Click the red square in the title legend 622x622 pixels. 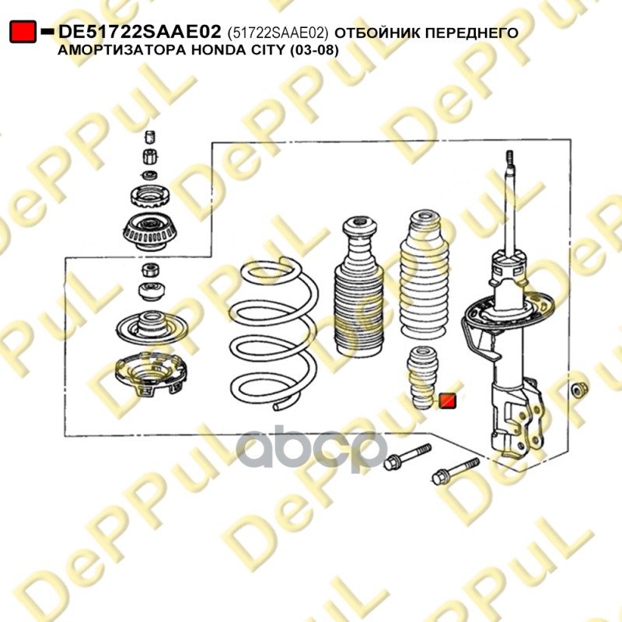[x=23, y=32]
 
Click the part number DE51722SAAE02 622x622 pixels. [x=139, y=32]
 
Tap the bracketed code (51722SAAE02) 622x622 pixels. [x=278, y=33]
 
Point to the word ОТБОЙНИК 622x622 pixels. [x=376, y=33]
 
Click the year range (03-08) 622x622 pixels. [x=314, y=51]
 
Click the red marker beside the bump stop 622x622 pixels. [x=448, y=401]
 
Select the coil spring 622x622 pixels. [x=274, y=334]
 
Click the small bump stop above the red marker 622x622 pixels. [x=422, y=378]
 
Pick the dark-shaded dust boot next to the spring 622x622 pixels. [x=358, y=286]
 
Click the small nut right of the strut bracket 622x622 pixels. [x=580, y=390]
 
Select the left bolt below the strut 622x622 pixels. [x=407, y=457]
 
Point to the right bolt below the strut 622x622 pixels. [x=455, y=471]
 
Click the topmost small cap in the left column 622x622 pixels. [x=149, y=137]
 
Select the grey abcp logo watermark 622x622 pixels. [x=312, y=449]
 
